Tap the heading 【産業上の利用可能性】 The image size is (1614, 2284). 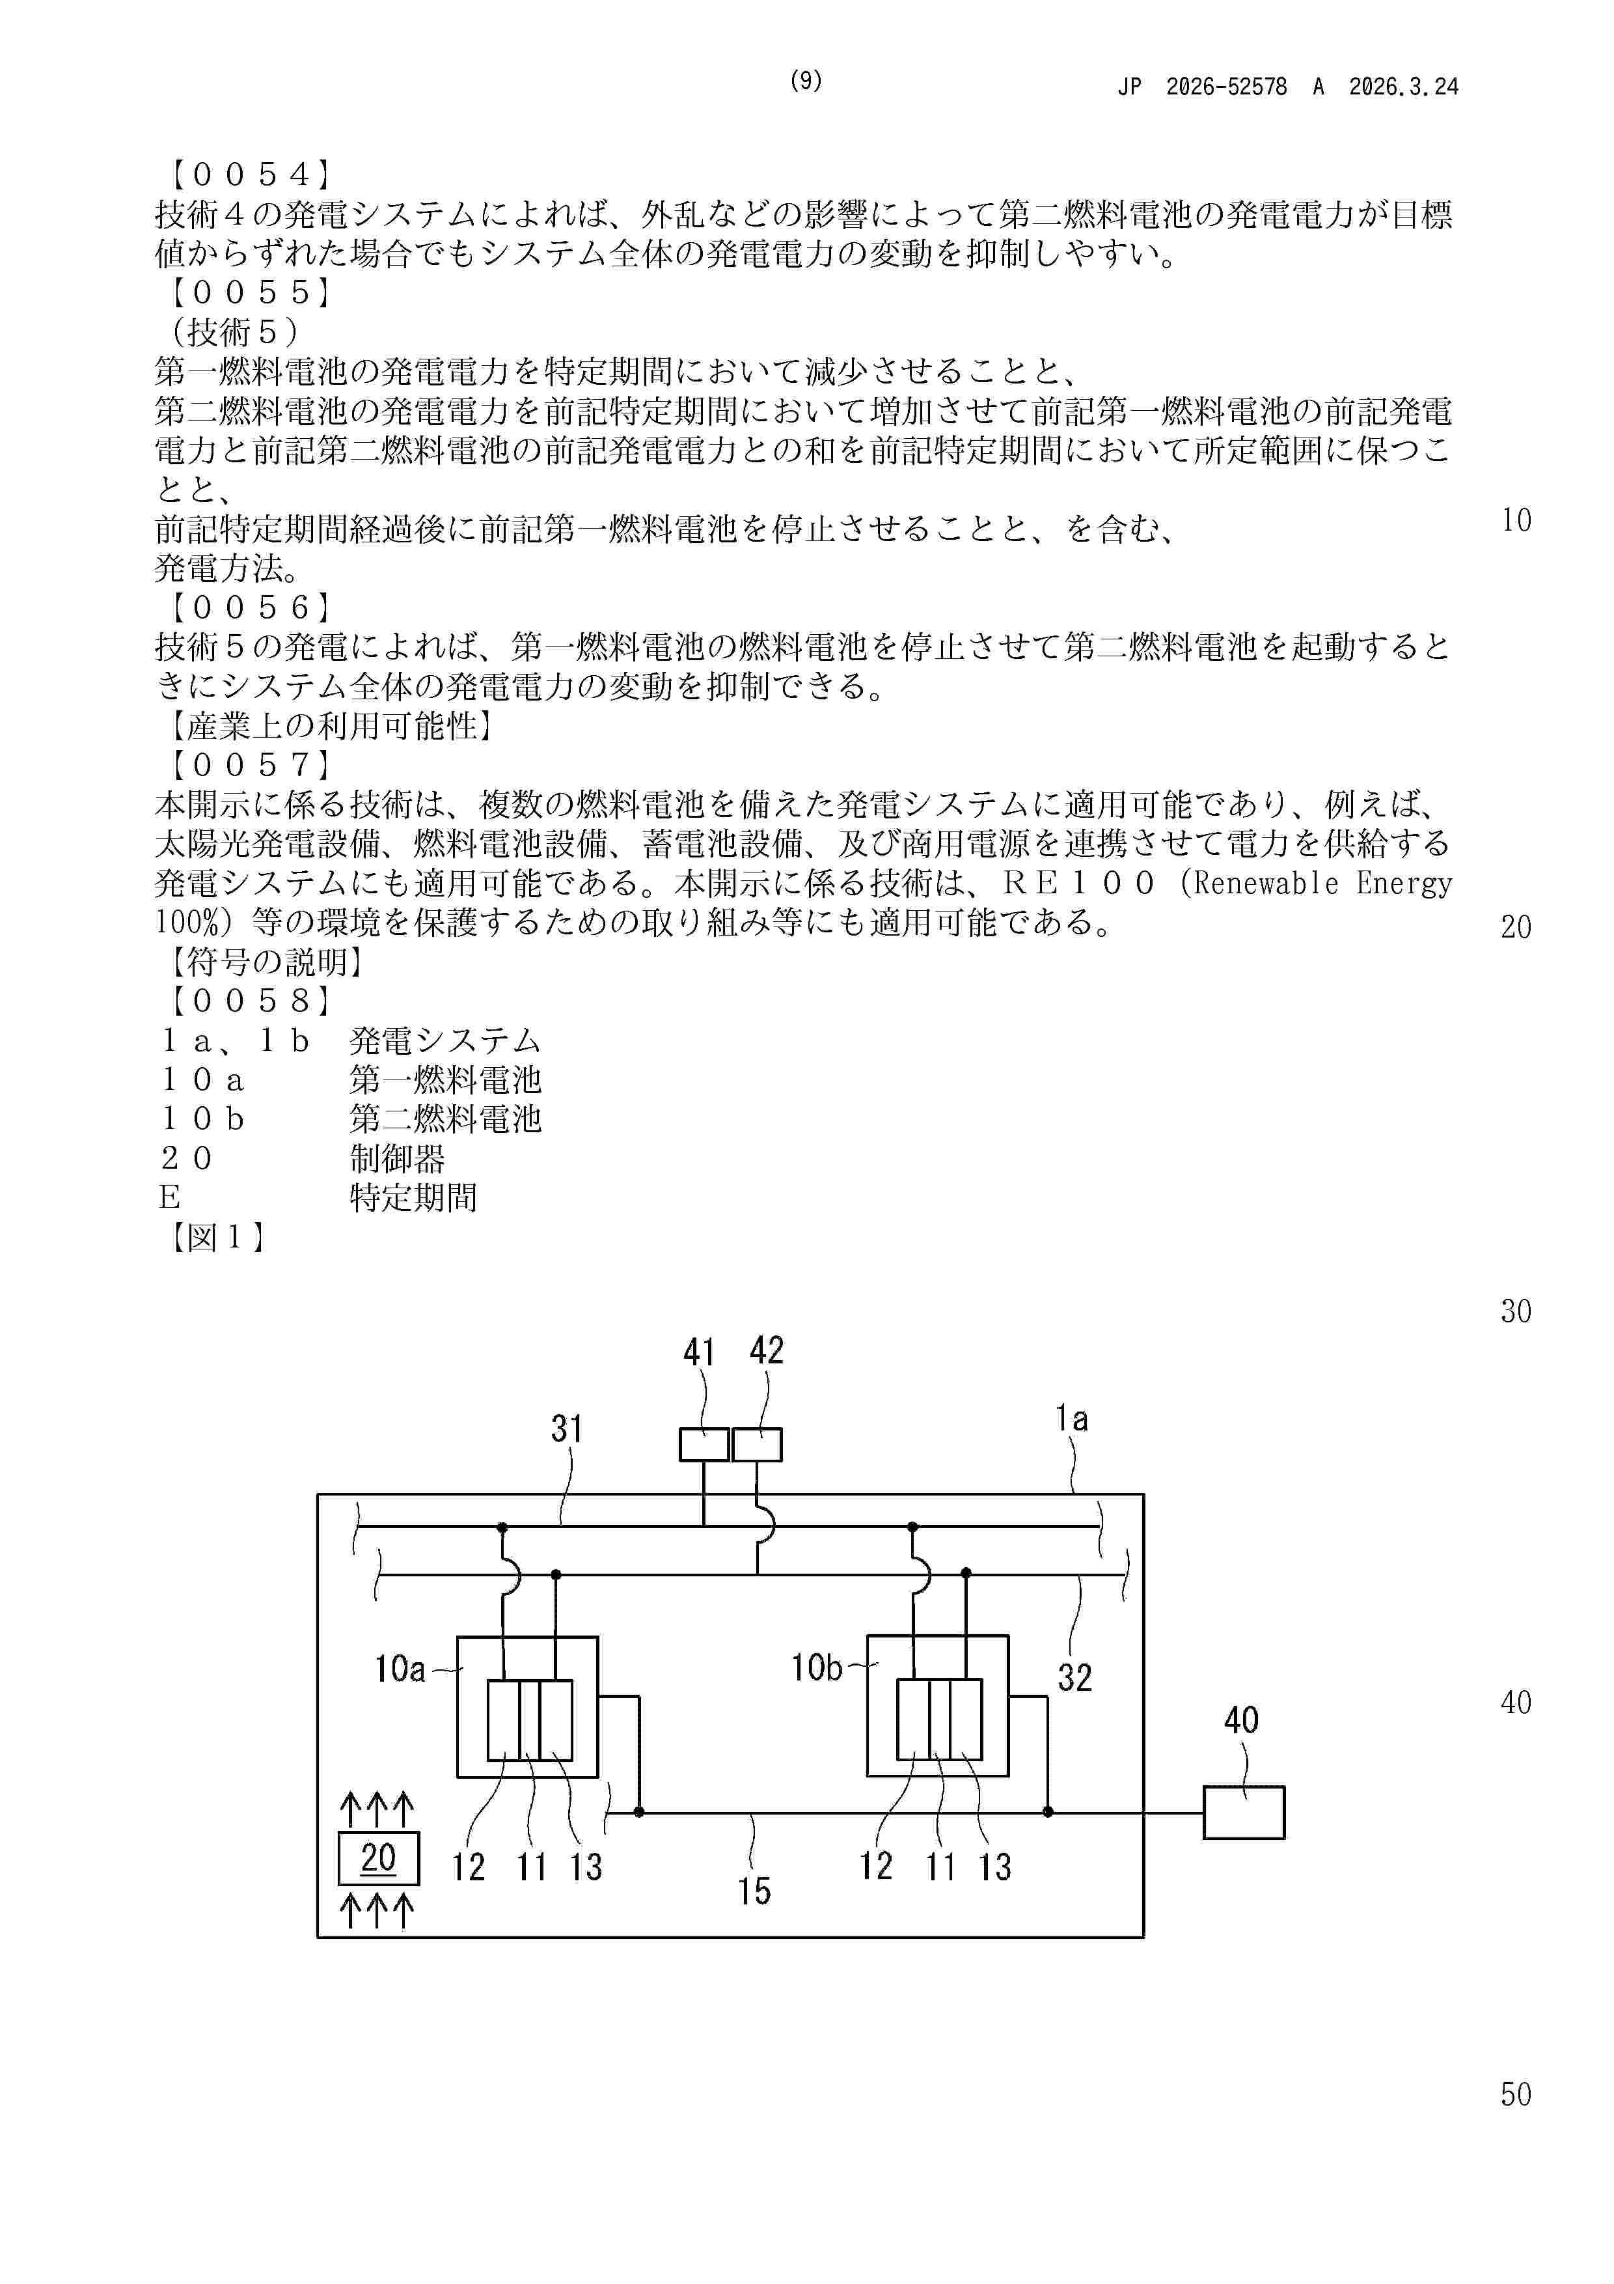pyautogui.click(x=328, y=726)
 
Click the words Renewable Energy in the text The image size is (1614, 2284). pyautogui.click(x=1322, y=884)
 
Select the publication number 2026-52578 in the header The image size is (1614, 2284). pyautogui.click(x=1225, y=87)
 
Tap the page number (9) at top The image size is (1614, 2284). pyautogui.click(x=806, y=81)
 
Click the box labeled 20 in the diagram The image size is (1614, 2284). pyautogui.click(x=378, y=1858)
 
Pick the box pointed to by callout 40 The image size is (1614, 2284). pyautogui.click(x=1243, y=1813)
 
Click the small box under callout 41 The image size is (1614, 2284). pyautogui.click(x=704, y=1444)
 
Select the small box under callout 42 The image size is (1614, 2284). pyautogui.click(x=757, y=1444)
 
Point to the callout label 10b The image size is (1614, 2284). pyautogui.click(x=817, y=1667)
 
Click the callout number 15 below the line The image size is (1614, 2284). pyautogui.click(x=754, y=1891)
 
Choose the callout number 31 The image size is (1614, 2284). pyautogui.click(x=567, y=1430)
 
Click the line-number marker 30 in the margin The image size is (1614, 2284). pyautogui.click(x=1516, y=1312)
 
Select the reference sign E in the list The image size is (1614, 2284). pyautogui.click(x=169, y=1198)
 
